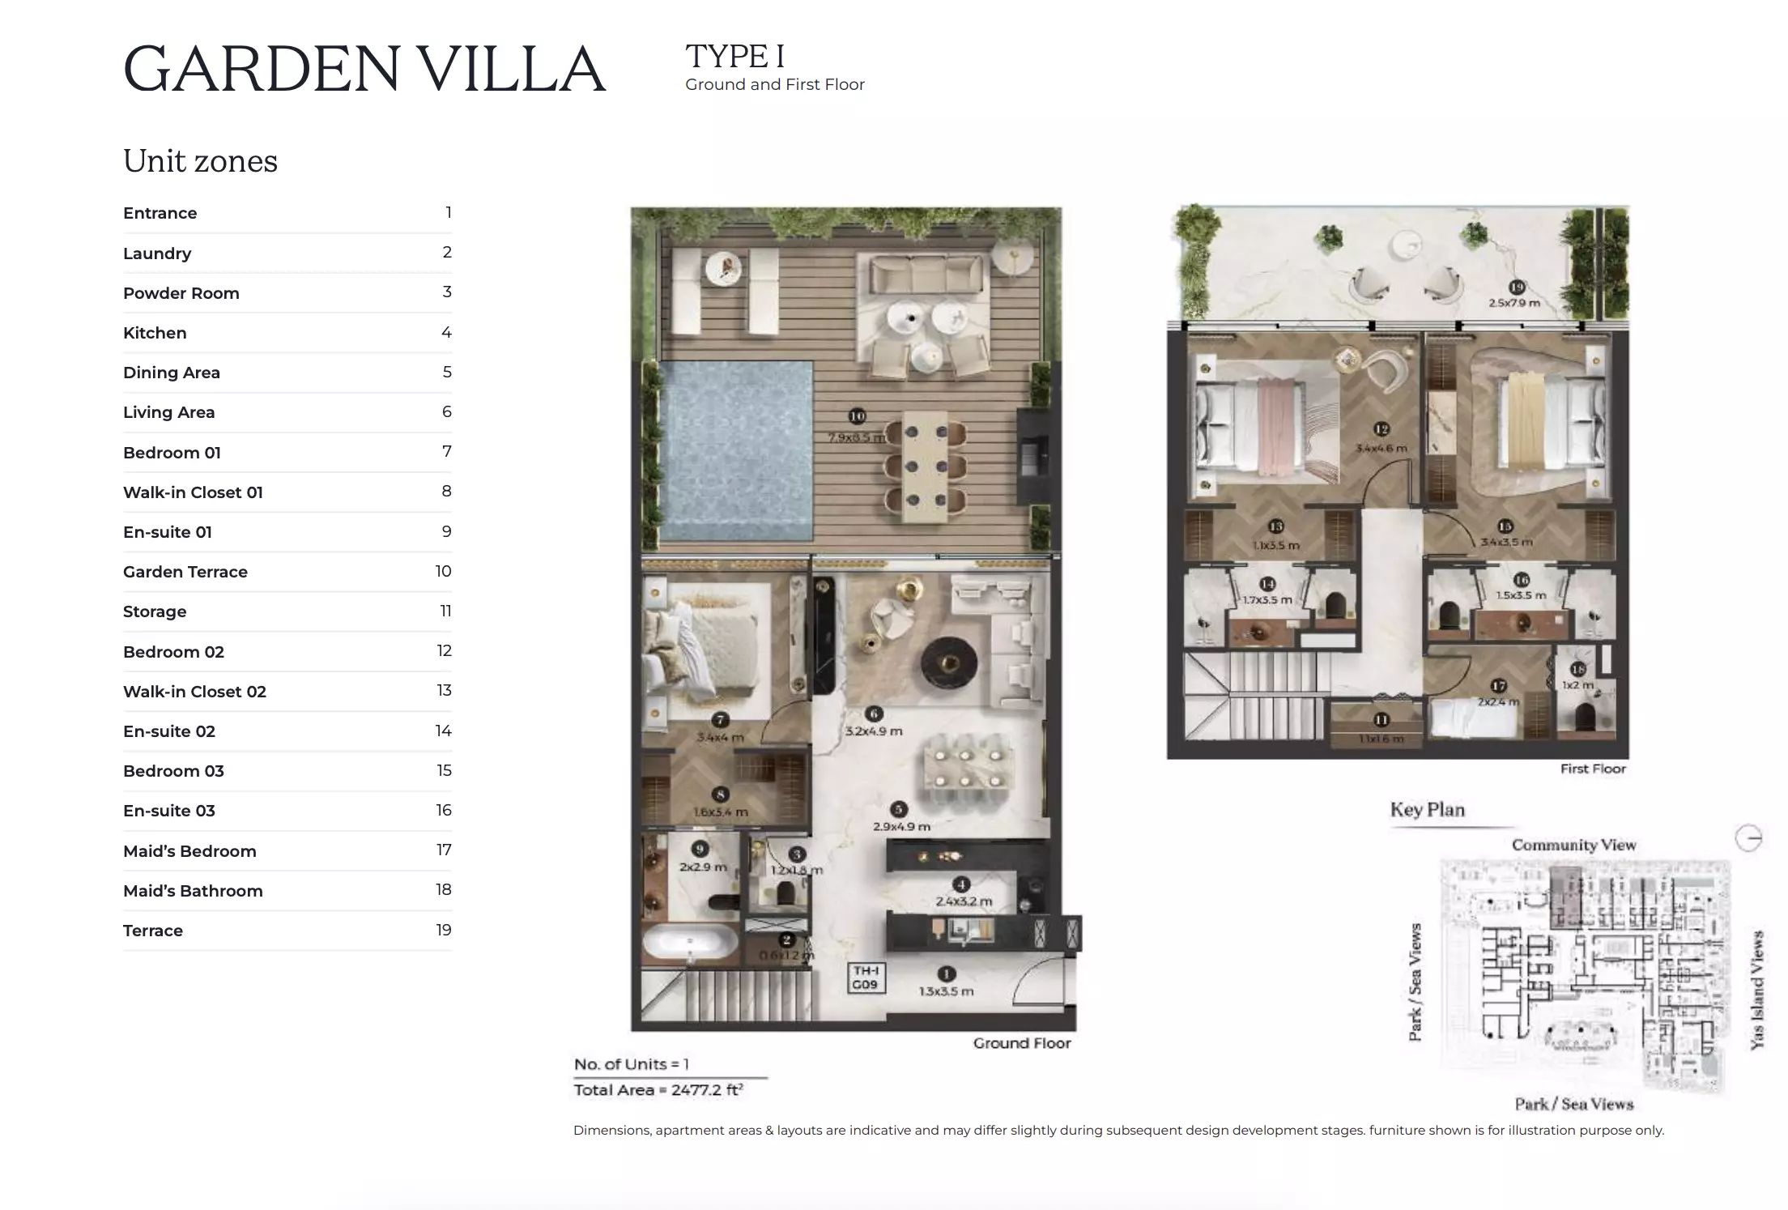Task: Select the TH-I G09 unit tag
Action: point(866,978)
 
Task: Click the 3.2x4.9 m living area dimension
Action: point(874,731)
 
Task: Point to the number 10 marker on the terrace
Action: point(857,416)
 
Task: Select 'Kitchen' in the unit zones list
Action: point(155,333)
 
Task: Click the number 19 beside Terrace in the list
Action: point(443,930)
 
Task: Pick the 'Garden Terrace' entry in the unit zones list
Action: point(185,572)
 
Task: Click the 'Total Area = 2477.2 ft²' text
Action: point(658,1090)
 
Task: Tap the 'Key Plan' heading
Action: point(1427,810)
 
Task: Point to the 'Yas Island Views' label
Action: point(1756,990)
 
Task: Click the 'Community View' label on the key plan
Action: point(1573,845)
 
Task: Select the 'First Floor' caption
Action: point(1593,769)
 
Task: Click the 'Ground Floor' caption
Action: point(1021,1043)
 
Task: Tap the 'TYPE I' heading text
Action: point(734,57)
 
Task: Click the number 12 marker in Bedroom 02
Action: point(1381,429)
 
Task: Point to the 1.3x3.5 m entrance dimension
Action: point(946,991)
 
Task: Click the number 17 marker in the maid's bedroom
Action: point(1499,686)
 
